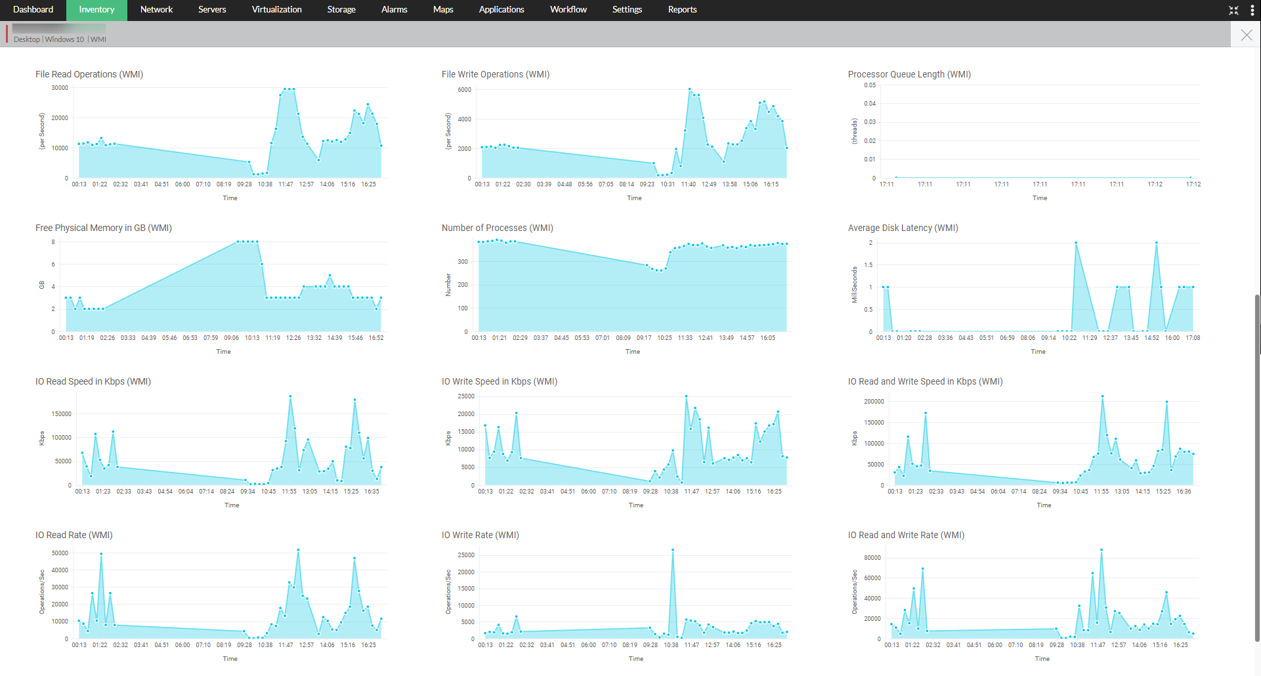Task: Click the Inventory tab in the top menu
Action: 96,10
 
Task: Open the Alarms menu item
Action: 394,10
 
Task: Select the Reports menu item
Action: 682,10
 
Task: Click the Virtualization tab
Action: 276,10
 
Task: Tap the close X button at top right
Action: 1246,35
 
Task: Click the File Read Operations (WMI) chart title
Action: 89,74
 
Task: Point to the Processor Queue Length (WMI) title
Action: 909,74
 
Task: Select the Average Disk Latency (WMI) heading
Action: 903,228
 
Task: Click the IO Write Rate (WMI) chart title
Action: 480,535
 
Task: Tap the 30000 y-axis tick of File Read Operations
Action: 60,88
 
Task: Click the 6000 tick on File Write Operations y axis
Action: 464,90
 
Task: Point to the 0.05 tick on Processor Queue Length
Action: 869,85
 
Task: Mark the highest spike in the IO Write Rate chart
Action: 672,550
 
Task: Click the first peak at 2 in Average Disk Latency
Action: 1076,243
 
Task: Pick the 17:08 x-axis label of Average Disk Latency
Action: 1193,338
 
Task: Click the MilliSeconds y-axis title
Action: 855,285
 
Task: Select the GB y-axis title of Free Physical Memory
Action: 42,285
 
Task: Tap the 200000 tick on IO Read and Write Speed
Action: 874,402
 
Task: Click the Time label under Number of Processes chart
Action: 632,352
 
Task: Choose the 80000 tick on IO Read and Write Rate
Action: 872,558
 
